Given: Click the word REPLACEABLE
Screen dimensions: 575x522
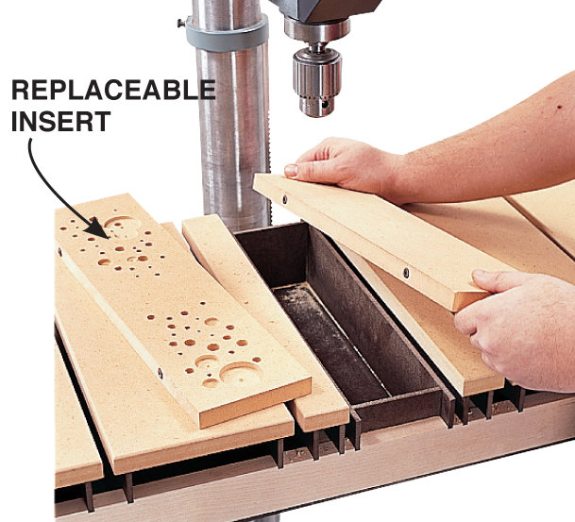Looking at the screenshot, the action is pos(113,90).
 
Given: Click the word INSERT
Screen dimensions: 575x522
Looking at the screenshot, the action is pos(60,122).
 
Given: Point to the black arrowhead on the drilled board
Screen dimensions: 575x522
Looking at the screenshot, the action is pos(97,228).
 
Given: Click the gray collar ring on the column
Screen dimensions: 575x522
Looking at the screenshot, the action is pos(227,33).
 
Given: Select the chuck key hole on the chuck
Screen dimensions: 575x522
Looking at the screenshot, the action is pos(326,105).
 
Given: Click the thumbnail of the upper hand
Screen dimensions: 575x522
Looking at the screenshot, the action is pos(291,171).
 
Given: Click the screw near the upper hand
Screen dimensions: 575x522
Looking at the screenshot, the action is pos(285,199).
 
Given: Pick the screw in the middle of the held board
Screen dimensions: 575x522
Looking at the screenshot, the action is pos(406,273).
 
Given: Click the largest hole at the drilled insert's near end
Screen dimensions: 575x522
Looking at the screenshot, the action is pos(240,373).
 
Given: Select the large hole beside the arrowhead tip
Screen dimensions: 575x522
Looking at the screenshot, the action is pos(122,224).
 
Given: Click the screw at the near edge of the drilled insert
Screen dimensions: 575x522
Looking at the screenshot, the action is pos(161,374).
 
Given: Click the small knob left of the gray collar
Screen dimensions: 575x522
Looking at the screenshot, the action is pos(181,24).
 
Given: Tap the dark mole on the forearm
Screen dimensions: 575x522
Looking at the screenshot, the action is pos(560,107).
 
